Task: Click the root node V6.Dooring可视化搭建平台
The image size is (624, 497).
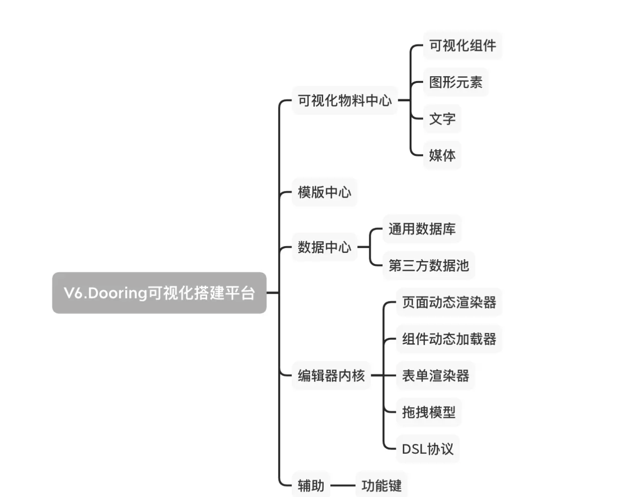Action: pyautogui.click(x=159, y=293)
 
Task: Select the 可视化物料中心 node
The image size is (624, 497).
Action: pyautogui.click(x=345, y=100)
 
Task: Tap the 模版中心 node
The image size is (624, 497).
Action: pyautogui.click(x=325, y=192)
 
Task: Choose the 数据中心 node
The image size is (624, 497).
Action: pyautogui.click(x=325, y=247)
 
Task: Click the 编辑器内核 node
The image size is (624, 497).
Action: pyautogui.click(x=331, y=376)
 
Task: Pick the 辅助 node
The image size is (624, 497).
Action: pyautogui.click(x=311, y=485)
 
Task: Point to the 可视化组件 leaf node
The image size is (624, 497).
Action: pyautogui.click(x=462, y=46)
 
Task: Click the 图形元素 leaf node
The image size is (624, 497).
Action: pyautogui.click(x=456, y=82)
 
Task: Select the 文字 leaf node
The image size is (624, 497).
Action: pyautogui.click(x=442, y=119)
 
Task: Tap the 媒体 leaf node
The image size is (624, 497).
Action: pyautogui.click(x=442, y=155)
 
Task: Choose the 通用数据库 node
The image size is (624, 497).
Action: pyautogui.click(x=422, y=229)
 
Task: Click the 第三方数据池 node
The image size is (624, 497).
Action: pyautogui.click(x=429, y=265)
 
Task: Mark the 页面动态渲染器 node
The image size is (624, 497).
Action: pyautogui.click(x=449, y=302)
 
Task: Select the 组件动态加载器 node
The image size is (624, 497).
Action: pyautogui.click(x=449, y=339)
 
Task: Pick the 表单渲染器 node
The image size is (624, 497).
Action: pyautogui.click(x=436, y=376)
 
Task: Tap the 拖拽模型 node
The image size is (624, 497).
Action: pyautogui.click(x=429, y=412)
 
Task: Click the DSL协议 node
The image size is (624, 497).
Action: pyautogui.click(x=427, y=449)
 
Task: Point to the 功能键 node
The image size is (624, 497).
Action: pyautogui.click(x=381, y=485)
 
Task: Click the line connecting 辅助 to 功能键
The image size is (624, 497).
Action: pyautogui.click(x=343, y=485)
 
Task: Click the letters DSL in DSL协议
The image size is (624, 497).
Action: pyautogui.click(x=414, y=449)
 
